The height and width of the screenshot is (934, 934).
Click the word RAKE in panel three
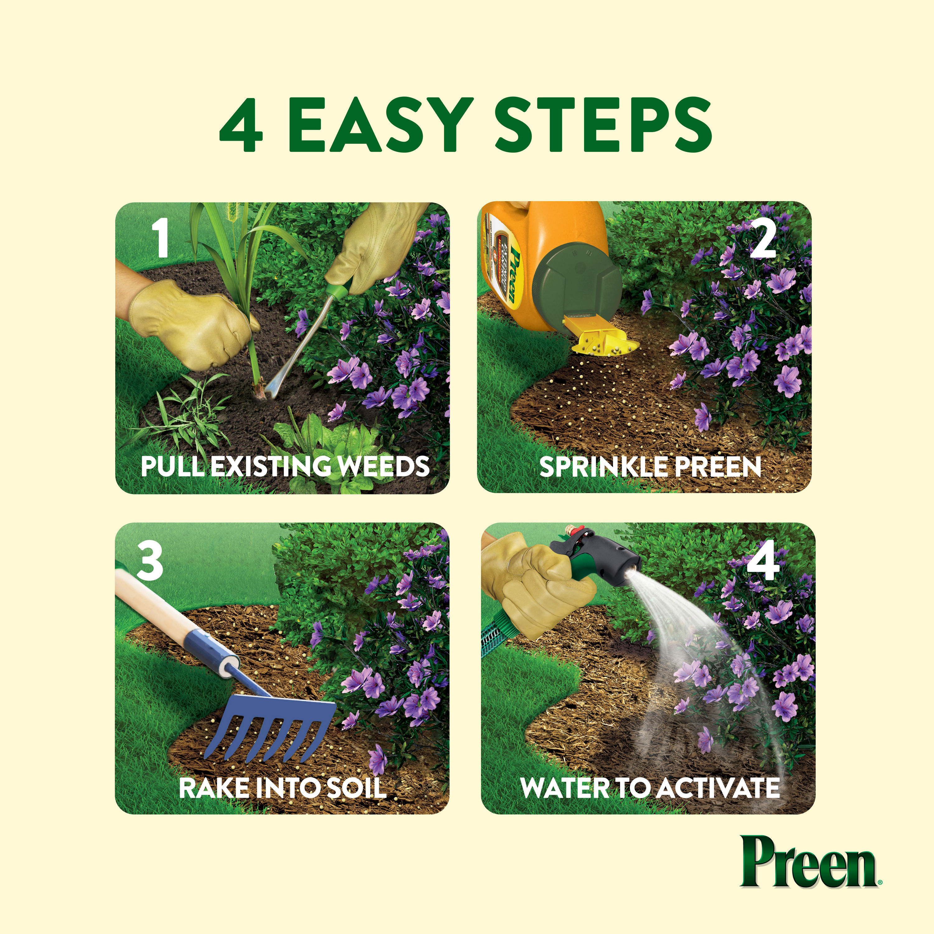click(215, 788)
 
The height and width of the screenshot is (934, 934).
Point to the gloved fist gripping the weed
click(193, 326)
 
